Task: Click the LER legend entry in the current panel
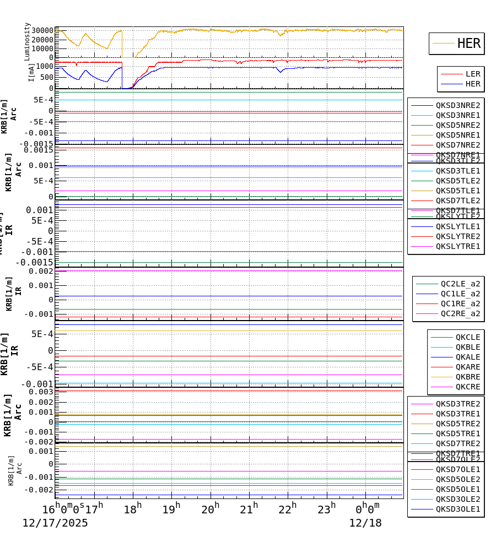(x=472, y=74)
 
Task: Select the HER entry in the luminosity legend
(x=468, y=44)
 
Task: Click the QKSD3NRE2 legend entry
(x=457, y=105)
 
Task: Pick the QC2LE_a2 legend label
(x=460, y=284)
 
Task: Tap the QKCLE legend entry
(x=467, y=337)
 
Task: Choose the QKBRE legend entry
(x=467, y=377)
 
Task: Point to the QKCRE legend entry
(x=467, y=387)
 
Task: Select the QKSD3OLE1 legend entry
(x=457, y=509)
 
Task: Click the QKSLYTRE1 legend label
(x=457, y=246)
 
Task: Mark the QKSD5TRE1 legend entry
(x=457, y=433)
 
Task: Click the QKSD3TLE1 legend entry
(x=457, y=171)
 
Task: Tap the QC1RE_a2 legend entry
(x=460, y=303)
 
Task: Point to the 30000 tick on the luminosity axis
(x=42, y=31)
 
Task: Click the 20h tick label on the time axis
(x=209, y=509)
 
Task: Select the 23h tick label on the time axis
(x=326, y=509)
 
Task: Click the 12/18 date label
(x=365, y=523)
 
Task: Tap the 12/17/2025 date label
(x=55, y=523)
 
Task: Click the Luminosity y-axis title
(x=28, y=41)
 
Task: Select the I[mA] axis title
(x=31, y=72)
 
